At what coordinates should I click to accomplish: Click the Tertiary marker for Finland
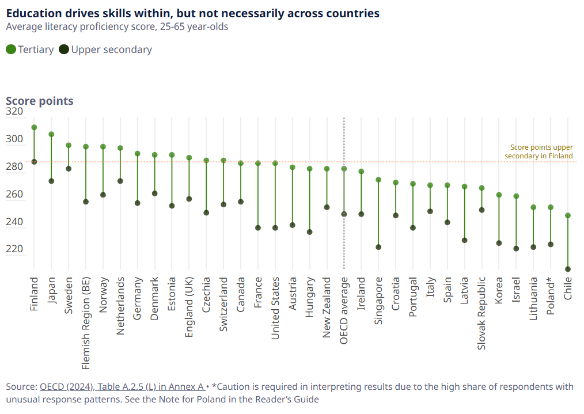pos(34,127)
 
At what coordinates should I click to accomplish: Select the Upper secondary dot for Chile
pos(568,269)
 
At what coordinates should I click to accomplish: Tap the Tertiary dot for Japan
pos(51,134)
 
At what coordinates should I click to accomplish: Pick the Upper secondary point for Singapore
pos(378,247)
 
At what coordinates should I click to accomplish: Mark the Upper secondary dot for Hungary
pos(309,232)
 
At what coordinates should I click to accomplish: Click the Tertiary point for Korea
pos(499,195)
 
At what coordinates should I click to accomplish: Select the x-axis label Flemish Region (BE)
pos(86,323)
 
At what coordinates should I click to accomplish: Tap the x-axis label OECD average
pos(344,311)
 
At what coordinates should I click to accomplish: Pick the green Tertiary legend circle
pos(11,50)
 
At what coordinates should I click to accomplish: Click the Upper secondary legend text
pos(111,50)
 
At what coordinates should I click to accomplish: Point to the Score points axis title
pos(40,101)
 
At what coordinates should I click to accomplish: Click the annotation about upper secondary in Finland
pos(539,151)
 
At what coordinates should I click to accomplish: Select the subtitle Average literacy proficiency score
pos(117,27)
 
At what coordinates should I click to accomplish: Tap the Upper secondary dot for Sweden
pos(69,169)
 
